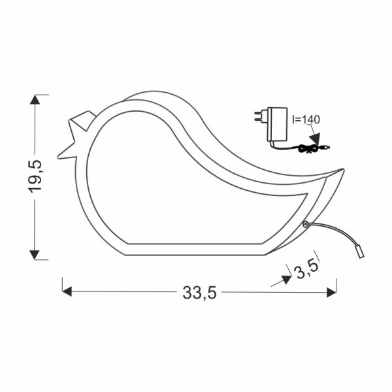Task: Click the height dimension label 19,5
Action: click(x=35, y=176)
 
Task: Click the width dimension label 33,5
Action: click(x=199, y=293)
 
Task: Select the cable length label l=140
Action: click(x=306, y=120)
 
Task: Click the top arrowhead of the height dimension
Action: click(x=35, y=100)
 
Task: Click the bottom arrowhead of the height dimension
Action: click(x=35, y=255)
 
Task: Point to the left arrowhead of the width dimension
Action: click(x=67, y=291)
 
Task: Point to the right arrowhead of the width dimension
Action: click(x=331, y=292)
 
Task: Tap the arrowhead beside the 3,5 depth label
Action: click(x=287, y=279)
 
